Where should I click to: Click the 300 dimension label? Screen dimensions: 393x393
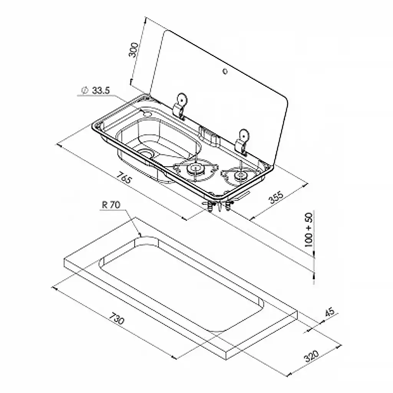point(133,50)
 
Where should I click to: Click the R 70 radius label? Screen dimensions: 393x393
point(111,205)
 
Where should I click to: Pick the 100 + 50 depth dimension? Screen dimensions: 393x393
point(309,230)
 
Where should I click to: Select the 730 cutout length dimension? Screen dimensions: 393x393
point(117,318)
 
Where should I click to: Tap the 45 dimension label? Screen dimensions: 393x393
point(330,312)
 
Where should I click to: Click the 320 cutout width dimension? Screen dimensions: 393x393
point(311,356)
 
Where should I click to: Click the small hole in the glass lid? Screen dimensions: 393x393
point(225,71)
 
